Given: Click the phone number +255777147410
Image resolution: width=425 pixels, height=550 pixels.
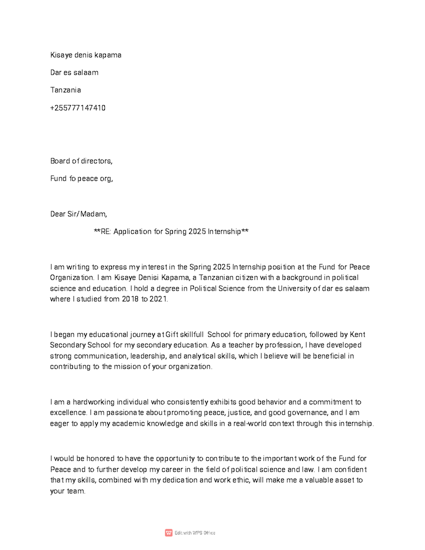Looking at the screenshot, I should (x=78, y=108).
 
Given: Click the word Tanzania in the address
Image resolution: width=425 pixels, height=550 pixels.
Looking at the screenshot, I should (x=66, y=90).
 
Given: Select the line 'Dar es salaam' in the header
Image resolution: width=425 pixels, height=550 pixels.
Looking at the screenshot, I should (x=74, y=73).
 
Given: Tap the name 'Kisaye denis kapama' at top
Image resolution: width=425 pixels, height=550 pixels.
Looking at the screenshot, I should (x=86, y=55).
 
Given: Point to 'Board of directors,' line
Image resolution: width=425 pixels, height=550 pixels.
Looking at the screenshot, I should (x=81, y=161).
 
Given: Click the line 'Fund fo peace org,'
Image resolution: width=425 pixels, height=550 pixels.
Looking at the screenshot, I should (x=81, y=179).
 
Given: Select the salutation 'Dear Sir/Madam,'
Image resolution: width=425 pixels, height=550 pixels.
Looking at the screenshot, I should (x=78, y=214).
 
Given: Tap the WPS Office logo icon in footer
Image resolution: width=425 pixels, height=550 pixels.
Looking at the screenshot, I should (x=169, y=533).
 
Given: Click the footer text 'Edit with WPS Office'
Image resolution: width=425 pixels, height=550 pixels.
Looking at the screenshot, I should (x=195, y=533).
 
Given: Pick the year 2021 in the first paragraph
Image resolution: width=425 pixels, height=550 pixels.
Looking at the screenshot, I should (x=159, y=299).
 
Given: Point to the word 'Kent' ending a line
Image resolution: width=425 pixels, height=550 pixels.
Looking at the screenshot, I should (x=357, y=335).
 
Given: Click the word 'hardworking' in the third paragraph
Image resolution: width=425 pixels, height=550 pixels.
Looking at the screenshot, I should (x=93, y=402).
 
